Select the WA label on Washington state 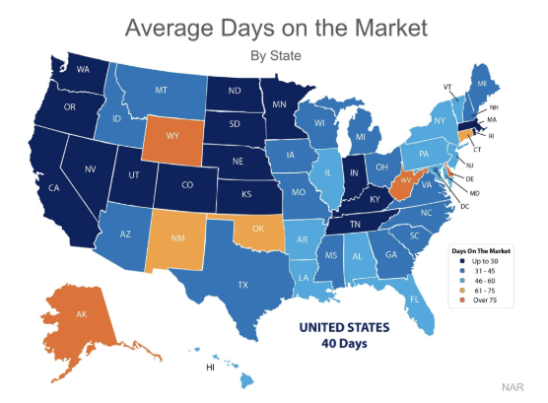tap(84, 70)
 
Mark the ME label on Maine tap(482, 85)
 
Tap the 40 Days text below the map tap(344, 344)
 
